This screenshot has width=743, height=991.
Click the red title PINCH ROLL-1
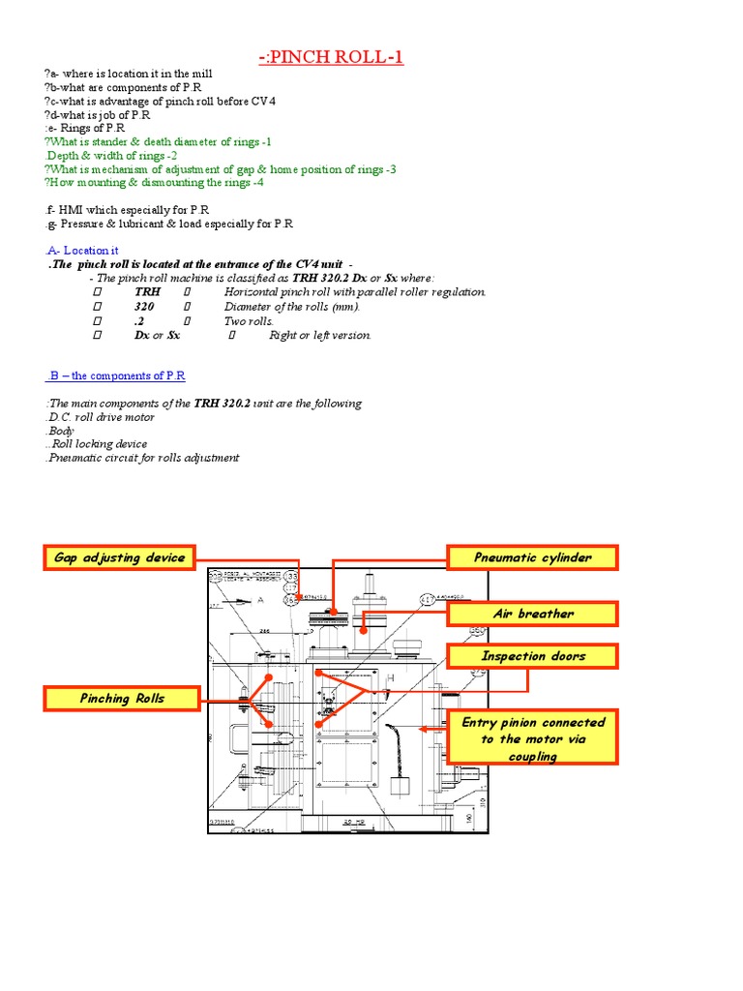(x=331, y=58)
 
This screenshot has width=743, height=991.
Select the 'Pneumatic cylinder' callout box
(x=532, y=557)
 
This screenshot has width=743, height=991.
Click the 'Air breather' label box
(x=532, y=614)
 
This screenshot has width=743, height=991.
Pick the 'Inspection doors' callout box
(x=532, y=656)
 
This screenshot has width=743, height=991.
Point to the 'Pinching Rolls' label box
(x=122, y=698)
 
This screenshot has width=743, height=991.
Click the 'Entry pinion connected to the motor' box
(x=533, y=738)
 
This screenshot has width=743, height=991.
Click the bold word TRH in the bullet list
(x=148, y=292)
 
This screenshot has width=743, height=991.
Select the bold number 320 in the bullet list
(x=145, y=307)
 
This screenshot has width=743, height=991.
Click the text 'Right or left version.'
(x=320, y=336)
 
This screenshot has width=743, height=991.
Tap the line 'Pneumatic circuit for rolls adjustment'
(x=141, y=458)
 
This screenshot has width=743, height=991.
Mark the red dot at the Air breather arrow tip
(x=364, y=630)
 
